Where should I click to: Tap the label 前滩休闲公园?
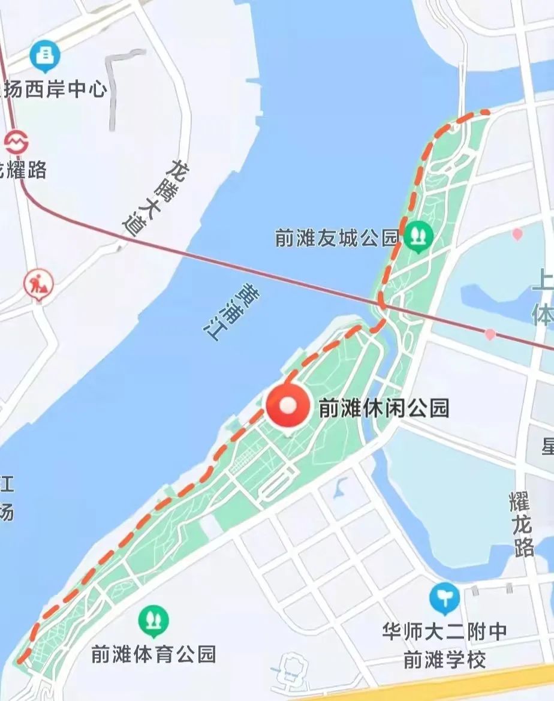click(x=384, y=408)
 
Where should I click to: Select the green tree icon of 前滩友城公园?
click(x=418, y=236)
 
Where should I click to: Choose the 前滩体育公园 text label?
click(x=153, y=654)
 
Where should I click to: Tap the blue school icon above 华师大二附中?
click(x=444, y=598)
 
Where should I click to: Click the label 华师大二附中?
click(x=444, y=631)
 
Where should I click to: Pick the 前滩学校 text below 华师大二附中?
click(x=444, y=660)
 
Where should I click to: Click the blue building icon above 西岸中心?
click(x=45, y=57)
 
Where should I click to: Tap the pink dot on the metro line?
click(x=490, y=334)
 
